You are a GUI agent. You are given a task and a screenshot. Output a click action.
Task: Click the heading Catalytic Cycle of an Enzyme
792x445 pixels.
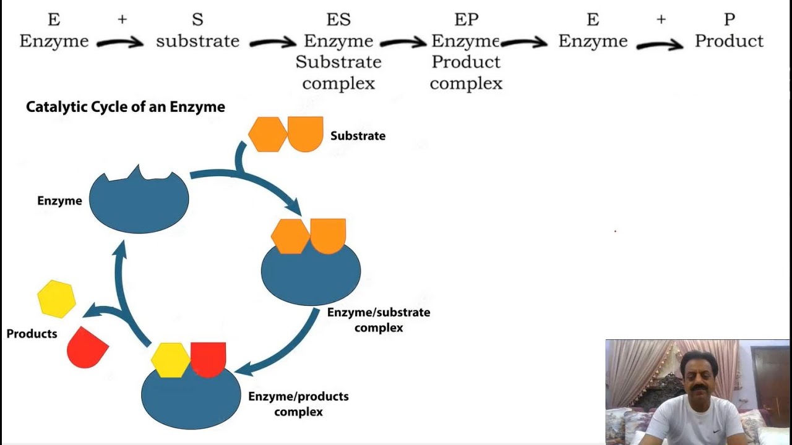pyautogui.click(x=125, y=107)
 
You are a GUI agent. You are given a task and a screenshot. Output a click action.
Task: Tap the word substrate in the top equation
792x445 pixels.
pyautogui.click(x=197, y=41)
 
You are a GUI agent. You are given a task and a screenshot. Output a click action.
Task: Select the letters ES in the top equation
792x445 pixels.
pyautogui.click(x=338, y=20)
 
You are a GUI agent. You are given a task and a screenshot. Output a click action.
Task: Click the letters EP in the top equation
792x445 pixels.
pyautogui.click(x=466, y=20)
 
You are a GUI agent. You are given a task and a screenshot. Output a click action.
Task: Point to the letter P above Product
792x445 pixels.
pyautogui.click(x=729, y=20)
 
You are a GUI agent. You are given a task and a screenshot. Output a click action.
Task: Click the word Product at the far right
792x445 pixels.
pyautogui.click(x=729, y=41)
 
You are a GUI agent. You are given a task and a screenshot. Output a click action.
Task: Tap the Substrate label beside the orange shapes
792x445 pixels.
pyautogui.click(x=358, y=136)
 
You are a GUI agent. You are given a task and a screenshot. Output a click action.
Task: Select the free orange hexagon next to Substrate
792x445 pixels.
pyautogui.click(x=267, y=134)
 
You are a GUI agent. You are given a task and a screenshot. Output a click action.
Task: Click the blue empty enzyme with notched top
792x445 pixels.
pyautogui.click(x=139, y=201)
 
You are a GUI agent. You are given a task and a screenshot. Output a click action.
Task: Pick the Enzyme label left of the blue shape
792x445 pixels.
pyautogui.click(x=59, y=201)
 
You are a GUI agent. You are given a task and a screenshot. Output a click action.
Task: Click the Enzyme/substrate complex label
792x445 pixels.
pyautogui.click(x=379, y=320)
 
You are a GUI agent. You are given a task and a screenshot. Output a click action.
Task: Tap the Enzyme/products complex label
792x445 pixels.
pyautogui.click(x=298, y=404)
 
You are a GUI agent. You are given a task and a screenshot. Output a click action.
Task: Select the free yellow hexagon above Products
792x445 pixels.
pyautogui.click(x=56, y=299)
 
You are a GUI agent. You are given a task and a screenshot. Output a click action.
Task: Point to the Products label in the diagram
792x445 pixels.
pyautogui.click(x=32, y=334)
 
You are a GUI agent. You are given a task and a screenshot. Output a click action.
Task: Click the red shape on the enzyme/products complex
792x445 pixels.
pyautogui.click(x=209, y=358)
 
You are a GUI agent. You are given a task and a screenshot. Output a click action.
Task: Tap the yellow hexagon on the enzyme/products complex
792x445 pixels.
pyautogui.click(x=170, y=360)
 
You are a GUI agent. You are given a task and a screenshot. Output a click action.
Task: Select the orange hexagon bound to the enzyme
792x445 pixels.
pyautogui.click(x=290, y=237)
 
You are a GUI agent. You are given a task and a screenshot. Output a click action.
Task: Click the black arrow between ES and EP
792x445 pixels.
pyautogui.click(x=403, y=43)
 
